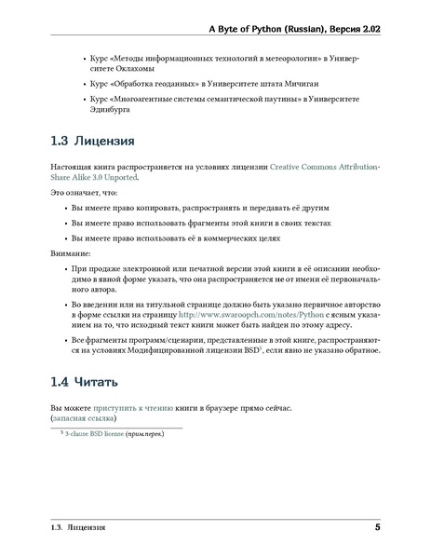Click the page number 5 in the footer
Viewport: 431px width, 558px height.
(x=376, y=529)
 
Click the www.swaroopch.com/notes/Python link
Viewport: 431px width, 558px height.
(x=244, y=316)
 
